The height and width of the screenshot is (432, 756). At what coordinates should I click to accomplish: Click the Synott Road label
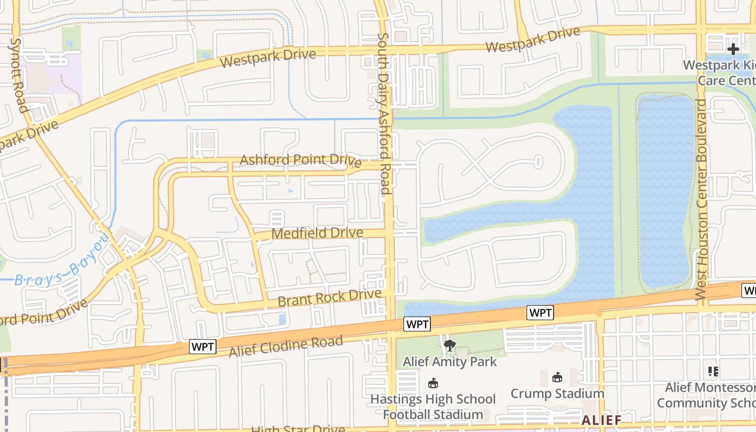point(19,75)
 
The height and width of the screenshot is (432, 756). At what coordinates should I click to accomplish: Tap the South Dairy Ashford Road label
point(384,113)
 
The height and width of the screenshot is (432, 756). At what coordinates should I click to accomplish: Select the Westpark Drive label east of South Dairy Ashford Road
point(532,40)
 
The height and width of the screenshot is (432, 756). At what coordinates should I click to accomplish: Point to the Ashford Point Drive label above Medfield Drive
point(300,160)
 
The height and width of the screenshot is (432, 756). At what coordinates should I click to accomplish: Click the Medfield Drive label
point(317,233)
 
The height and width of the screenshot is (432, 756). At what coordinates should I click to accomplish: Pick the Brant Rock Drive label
point(329,298)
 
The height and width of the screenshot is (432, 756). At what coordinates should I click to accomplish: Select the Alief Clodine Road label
point(286,346)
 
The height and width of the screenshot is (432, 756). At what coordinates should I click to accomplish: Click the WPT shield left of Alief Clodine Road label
point(202,347)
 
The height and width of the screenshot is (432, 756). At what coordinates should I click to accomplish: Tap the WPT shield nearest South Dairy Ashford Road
point(417,324)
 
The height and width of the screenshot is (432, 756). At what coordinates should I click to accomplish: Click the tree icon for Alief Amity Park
point(449,346)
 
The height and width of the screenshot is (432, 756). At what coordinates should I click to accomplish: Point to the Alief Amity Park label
point(450,361)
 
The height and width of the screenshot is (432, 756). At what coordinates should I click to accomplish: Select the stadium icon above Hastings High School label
point(433,383)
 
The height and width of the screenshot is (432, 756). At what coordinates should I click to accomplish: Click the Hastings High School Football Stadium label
point(433,407)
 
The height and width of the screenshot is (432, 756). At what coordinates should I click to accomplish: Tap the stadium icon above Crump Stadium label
point(557,377)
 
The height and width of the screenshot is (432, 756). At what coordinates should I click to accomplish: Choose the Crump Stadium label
point(557,393)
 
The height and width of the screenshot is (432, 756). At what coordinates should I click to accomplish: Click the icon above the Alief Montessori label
point(713,372)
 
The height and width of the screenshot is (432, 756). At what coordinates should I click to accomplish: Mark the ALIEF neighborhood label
point(602,420)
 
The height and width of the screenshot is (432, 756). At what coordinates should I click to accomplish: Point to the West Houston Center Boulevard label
point(701,200)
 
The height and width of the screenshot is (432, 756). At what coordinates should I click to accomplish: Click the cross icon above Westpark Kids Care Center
point(733,49)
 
